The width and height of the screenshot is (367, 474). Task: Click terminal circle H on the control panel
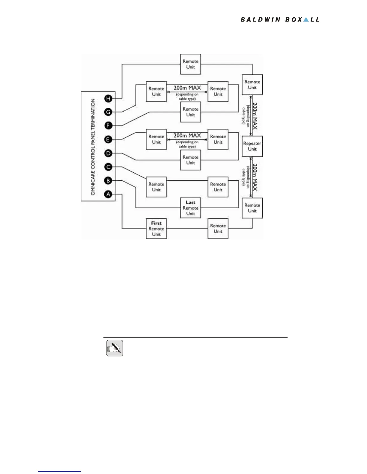(108, 98)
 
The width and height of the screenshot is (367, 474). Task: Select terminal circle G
(108, 112)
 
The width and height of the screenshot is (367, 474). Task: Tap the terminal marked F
(108, 126)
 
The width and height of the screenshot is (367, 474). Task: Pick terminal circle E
(108, 139)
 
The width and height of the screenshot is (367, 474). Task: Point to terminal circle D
(108, 153)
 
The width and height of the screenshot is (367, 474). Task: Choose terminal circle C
(108, 167)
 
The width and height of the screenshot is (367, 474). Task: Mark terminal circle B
(108, 181)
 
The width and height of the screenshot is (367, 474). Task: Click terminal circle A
(108, 194)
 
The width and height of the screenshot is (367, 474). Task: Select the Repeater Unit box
(252, 146)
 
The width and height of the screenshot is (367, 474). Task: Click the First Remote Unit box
(156, 229)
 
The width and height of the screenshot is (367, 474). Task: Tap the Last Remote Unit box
(190, 208)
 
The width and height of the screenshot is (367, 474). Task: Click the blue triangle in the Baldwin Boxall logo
(306, 19)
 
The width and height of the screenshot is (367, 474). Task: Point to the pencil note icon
(115, 348)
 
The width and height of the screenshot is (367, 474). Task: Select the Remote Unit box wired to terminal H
(190, 64)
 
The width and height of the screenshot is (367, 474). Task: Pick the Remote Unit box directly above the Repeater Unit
(252, 85)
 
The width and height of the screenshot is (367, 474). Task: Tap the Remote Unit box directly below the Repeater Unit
(252, 208)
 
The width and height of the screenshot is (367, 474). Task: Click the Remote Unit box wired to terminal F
(190, 112)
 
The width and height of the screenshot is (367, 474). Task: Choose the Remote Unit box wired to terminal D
(190, 160)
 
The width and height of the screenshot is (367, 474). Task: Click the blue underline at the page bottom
(59, 471)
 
